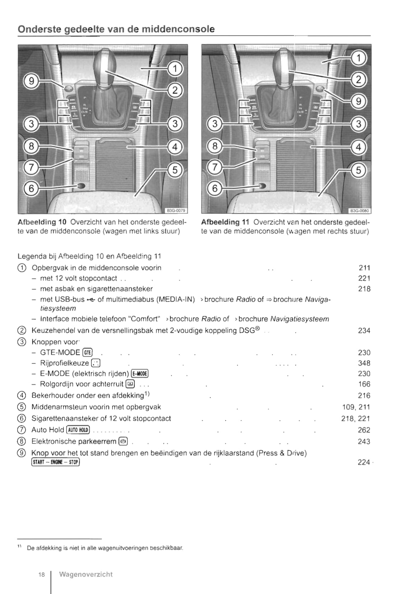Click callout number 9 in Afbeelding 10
coord(32,81)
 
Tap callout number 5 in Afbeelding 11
coord(358,170)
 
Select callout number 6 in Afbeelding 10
coord(32,188)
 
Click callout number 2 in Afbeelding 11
coord(358,80)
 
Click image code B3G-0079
coord(176,211)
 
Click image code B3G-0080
coord(360,211)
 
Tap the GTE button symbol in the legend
coord(88,353)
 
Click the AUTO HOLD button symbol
coord(78,430)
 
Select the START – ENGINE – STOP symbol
coord(55,462)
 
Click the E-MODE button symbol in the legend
coord(140,373)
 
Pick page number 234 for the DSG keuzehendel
coord(364,330)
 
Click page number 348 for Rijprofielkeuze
coord(364,363)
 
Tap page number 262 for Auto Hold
coord(364,430)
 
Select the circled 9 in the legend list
coord(22,453)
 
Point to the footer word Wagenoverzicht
coord(86,574)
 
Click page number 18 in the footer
coord(42,575)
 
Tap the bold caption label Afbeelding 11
coord(225,222)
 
